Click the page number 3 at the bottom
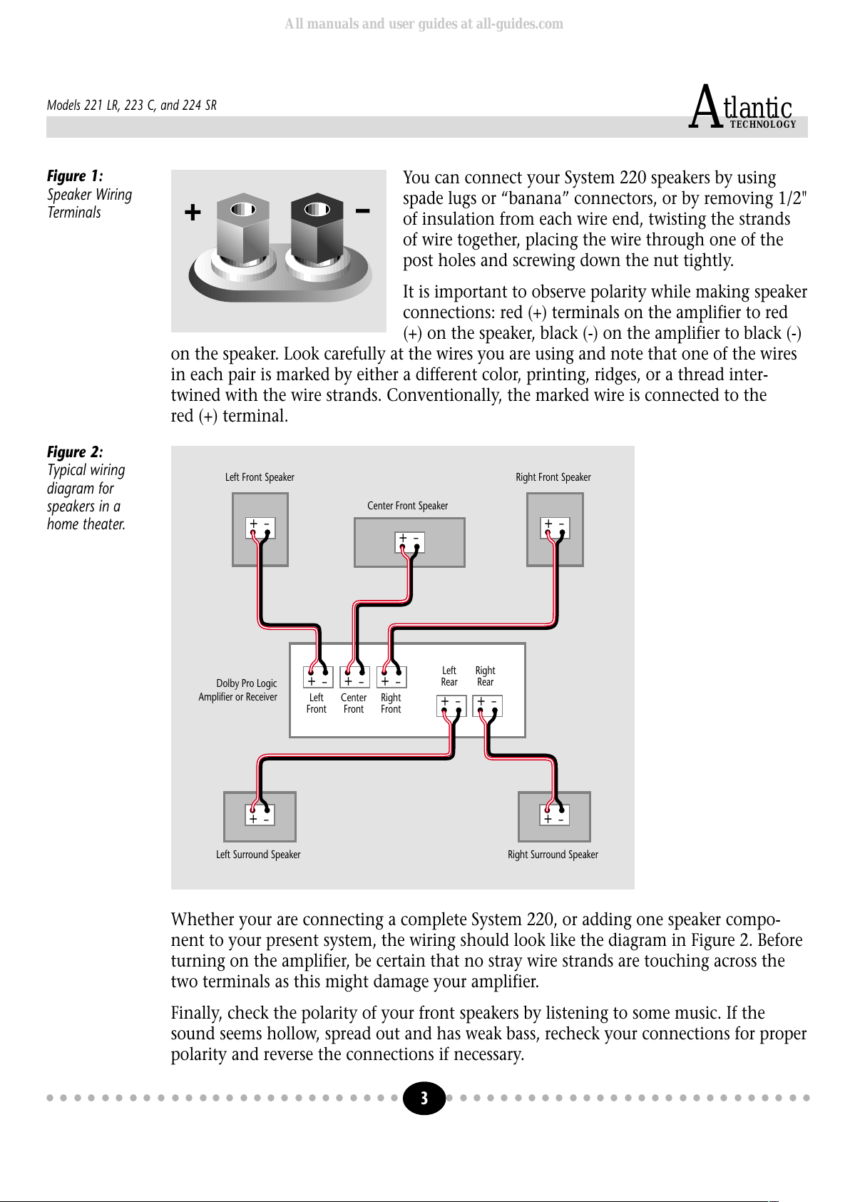pos(424,1098)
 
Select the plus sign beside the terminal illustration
pos(193,212)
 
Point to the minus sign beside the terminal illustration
pos(362,210)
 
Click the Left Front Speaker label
pos(260,477)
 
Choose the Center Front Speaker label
pos(407,506)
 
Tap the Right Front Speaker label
pos(553,477)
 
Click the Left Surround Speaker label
pos(258,855)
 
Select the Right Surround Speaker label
pos(553,855)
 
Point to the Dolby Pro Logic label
pos(247,683)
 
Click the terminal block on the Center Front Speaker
pos(409,542)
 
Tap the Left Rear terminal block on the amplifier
pos(451,706)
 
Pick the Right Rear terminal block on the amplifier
pos(488,706)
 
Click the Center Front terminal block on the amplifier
pos(354,677)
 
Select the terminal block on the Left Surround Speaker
pos(260,815)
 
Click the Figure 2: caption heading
pos(75,452)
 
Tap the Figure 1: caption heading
pos(75,175)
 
